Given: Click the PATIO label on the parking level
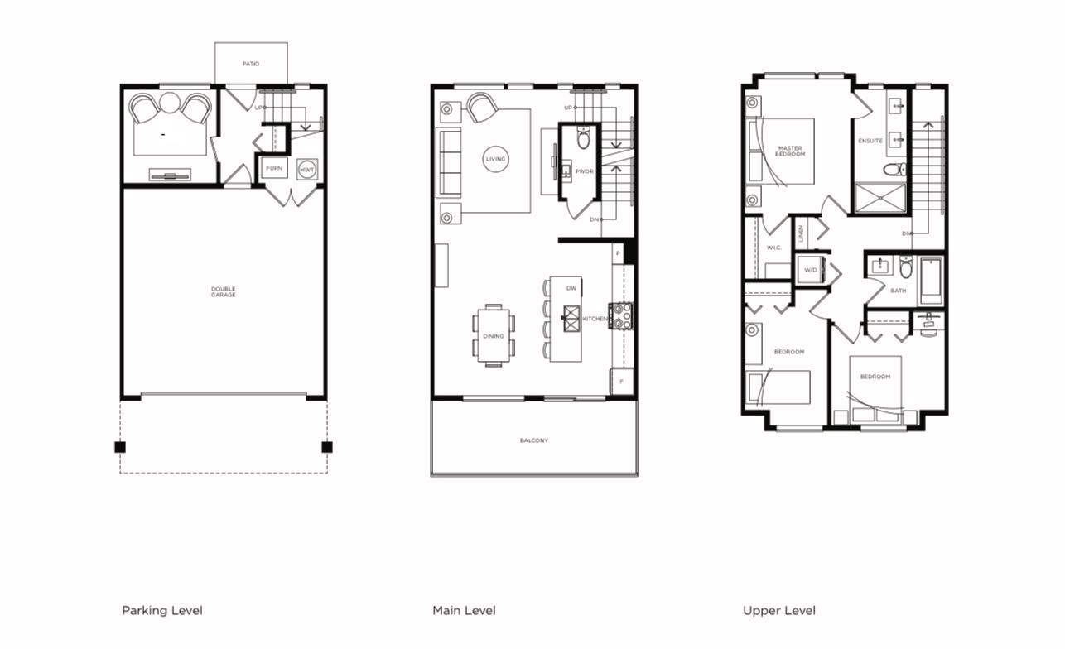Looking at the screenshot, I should point(251,64).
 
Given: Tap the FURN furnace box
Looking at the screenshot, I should point(274,168).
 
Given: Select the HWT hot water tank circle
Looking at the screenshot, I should point(307,169).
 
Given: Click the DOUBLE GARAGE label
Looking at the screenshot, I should point(223,291).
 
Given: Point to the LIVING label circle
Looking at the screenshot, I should point(495,160).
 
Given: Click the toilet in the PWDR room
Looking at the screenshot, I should point(583,138).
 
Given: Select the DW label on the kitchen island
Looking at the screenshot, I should point(571,288).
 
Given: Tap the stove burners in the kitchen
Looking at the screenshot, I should point(621,315).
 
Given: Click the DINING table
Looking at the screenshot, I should point(494,335).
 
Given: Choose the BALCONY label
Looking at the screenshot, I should point(534,440).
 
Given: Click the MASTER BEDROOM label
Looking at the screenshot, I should point(790,151).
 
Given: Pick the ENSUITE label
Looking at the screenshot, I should point(870,141).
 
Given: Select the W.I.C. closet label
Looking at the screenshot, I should point(774,248).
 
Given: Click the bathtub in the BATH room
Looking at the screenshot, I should point(932,281).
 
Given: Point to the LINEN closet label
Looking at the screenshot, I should point(801,233).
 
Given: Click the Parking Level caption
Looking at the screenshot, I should point(162,611).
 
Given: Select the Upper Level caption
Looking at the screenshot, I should point(779,611).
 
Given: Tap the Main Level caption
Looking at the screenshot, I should point(464,611).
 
